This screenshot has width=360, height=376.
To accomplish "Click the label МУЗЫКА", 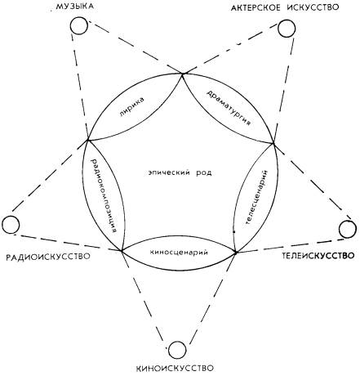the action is point(75,7).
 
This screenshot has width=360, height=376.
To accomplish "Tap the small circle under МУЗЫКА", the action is point(79,25).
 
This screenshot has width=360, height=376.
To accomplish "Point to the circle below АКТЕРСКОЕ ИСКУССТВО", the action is point(287,29).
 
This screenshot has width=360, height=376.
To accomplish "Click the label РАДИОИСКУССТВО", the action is point(48,257).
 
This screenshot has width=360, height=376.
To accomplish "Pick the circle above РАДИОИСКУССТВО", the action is point(11,224).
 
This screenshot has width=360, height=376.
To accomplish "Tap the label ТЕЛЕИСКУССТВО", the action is point(318,256).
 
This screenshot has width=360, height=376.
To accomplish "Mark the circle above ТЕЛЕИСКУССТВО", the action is point(348,230).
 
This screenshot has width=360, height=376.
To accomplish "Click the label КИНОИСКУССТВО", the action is point(175,369).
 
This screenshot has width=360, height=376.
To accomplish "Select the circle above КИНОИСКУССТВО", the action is point(177,350).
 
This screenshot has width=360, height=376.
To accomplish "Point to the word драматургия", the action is point(229,107).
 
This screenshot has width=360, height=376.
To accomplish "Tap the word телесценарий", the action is point(256,197).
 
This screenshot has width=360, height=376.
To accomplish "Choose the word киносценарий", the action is point(179,253).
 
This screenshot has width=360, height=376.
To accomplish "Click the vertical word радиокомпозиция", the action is point(105,195).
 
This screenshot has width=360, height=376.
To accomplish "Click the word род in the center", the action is point(204,172).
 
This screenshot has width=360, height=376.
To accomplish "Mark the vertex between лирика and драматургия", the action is point(182,74).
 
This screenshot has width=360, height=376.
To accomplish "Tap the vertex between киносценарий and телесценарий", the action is point(236,253).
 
